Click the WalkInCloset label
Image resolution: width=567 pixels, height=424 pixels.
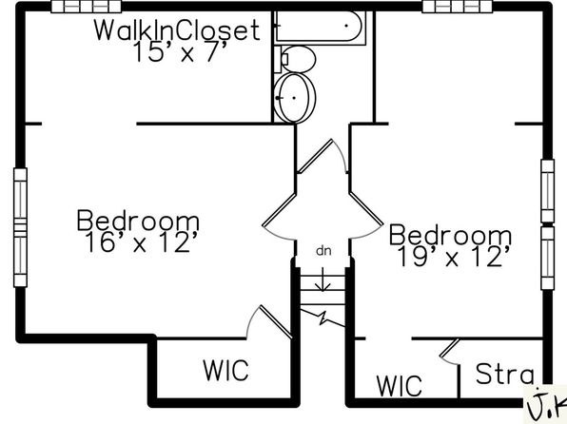(177, 29)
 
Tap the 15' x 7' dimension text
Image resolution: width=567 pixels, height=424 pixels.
(180, 52)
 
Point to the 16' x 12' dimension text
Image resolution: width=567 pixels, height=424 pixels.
(142, 241)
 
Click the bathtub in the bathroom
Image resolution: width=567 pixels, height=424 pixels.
(320, 27)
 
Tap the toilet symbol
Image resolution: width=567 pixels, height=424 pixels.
(295, 59)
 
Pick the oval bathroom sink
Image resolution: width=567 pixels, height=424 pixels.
(295, 98)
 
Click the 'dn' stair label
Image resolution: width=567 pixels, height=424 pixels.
(323, 251)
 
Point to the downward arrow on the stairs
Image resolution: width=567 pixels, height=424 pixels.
(323, 279)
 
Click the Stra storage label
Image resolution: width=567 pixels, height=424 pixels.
(504, 374)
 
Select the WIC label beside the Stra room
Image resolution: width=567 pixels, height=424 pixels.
(400, 385)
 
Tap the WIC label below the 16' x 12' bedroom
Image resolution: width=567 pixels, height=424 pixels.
(225, 370)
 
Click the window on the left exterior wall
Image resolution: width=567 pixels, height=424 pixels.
(20, 228)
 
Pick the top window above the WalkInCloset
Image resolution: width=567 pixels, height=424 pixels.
(86, 7)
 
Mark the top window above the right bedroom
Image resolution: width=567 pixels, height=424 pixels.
(458, 7)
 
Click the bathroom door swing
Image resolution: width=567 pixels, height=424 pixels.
(322, 156)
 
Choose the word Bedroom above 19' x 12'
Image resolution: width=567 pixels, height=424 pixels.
(450, 235)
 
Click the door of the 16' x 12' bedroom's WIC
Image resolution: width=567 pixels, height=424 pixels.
(269, 322)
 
